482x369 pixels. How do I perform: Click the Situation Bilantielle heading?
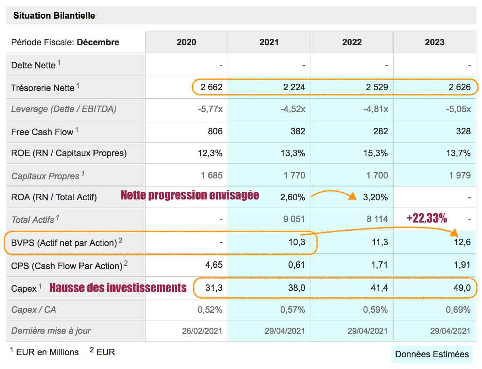coord(54,16)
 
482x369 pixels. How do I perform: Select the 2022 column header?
coord(352,42)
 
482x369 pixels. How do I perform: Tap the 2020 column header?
coord(186,42)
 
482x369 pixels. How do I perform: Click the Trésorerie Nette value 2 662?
coord(211,87)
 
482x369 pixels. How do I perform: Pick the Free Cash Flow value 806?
coord(215,131)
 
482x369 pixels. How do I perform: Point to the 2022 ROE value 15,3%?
coord(376,153)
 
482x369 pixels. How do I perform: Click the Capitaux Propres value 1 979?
coord(460,175)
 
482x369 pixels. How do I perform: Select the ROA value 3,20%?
coord(376,197)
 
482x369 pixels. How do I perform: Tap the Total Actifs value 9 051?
coord(294,219)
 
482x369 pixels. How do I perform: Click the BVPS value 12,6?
coord(463,242)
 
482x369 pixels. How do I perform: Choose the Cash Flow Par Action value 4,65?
coord(214,265)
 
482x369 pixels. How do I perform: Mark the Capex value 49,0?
coord(462,288)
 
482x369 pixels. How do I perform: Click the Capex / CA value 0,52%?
coord(210,310)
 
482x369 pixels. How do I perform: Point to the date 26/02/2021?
coord(202,331)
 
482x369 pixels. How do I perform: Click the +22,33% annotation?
coord(427,218)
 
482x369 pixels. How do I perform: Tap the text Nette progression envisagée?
coord(190,195)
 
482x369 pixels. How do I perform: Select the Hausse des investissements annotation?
coord(118,288)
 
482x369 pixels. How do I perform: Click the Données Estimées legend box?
coord(432,354)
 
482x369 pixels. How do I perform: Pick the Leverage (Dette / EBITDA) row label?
coord(63,109)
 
